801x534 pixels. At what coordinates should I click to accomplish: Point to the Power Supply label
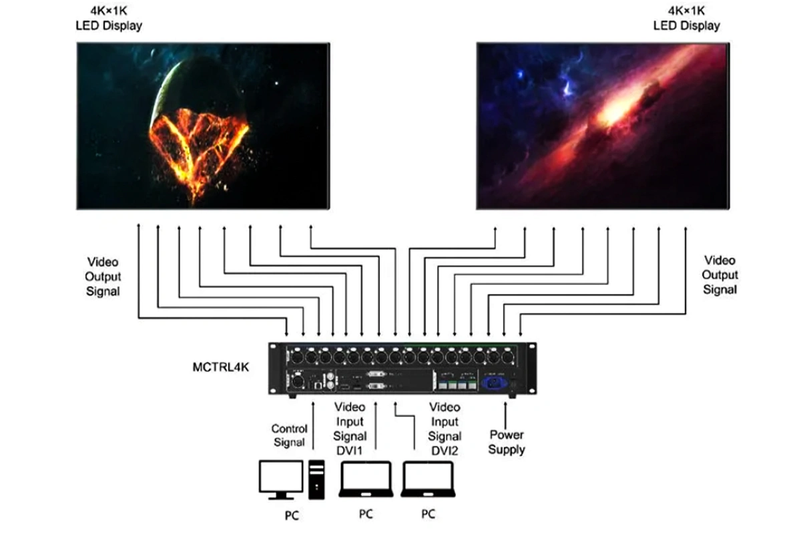[506, 442]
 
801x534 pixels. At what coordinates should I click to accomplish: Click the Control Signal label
[289, 435]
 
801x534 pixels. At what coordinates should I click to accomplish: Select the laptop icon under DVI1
[364, 479]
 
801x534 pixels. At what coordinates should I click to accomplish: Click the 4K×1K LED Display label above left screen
[108, 19]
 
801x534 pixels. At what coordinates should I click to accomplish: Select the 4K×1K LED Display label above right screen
[687, 19]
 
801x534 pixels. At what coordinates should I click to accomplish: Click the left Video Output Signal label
[103, 276]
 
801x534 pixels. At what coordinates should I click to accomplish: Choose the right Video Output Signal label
[720, 274]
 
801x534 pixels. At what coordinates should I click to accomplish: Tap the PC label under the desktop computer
[291, 515]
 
